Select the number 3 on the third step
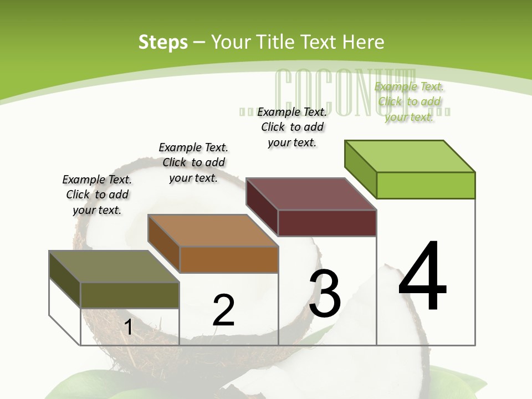(x=325, y=294)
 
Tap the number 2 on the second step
(x=224, y=310)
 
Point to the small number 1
(x=128, y=327)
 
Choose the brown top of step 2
(x=213, y=231)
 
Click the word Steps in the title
(x=163, y=42)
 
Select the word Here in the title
(x=364, y=42)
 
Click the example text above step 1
(x=97, y=195)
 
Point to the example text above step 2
(x=193, y=162)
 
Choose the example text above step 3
(x=292, y=127)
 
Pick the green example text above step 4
(x=409, y=101)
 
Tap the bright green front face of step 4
(x=426, y=185)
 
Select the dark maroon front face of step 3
(x=327, y=223)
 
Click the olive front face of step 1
(x=130, y=295)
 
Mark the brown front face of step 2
(x=229, y=259)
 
